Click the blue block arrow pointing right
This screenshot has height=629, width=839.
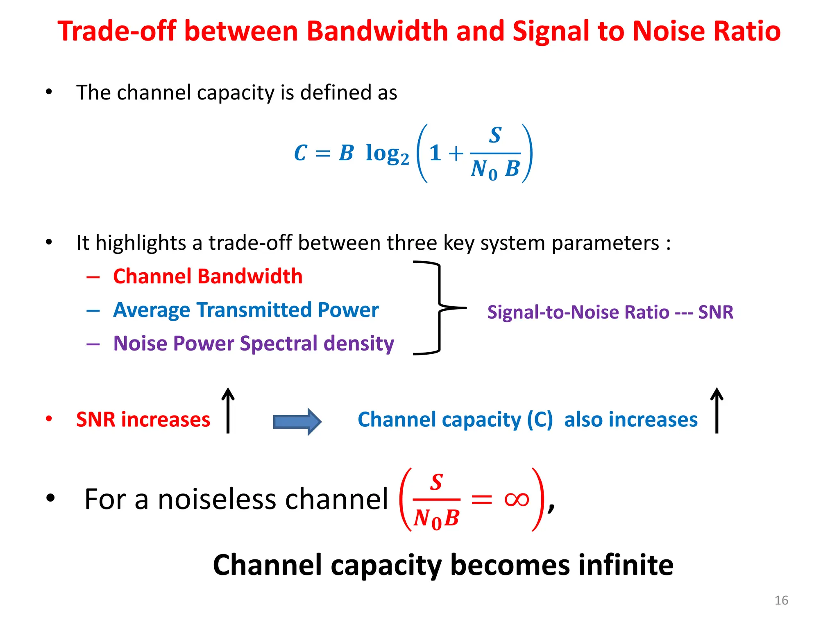(297, 421)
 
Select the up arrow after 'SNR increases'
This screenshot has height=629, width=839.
(228, 410)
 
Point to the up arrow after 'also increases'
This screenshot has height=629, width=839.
(717, 410)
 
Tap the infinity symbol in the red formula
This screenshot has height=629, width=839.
(517, 499)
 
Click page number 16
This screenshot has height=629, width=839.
(781, 600)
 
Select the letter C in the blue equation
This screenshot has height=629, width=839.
(301, 153)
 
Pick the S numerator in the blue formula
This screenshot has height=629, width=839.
(495, 135)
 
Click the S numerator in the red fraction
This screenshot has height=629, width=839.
(436, 482)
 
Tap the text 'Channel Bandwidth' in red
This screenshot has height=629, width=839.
(208, 276)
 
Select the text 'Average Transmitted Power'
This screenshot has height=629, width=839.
(246, 310)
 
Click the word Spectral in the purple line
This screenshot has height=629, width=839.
(279, 344)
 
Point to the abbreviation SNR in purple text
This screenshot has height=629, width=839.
(716, 312)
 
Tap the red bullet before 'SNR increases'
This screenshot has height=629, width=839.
(49, 419)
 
